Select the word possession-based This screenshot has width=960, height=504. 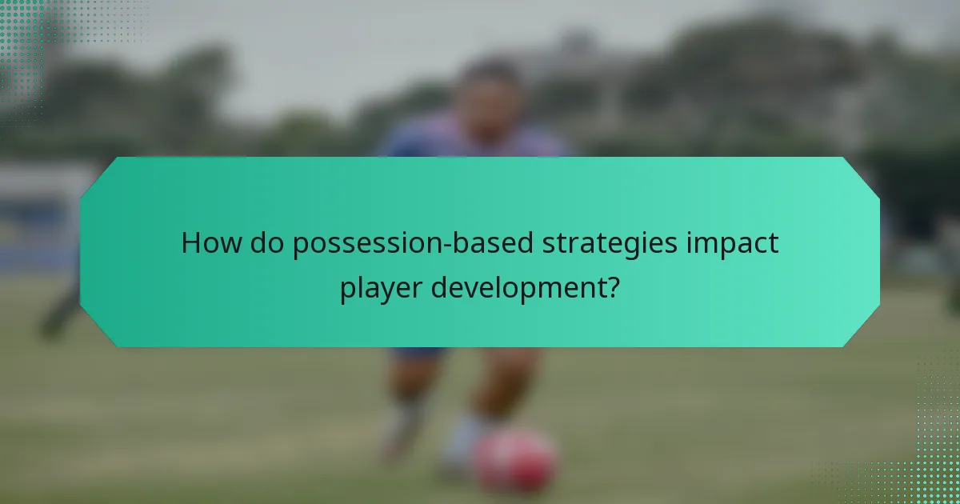click(401, 243)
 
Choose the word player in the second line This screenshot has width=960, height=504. click(380, 286)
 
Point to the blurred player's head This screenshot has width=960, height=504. click(490, 92)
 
